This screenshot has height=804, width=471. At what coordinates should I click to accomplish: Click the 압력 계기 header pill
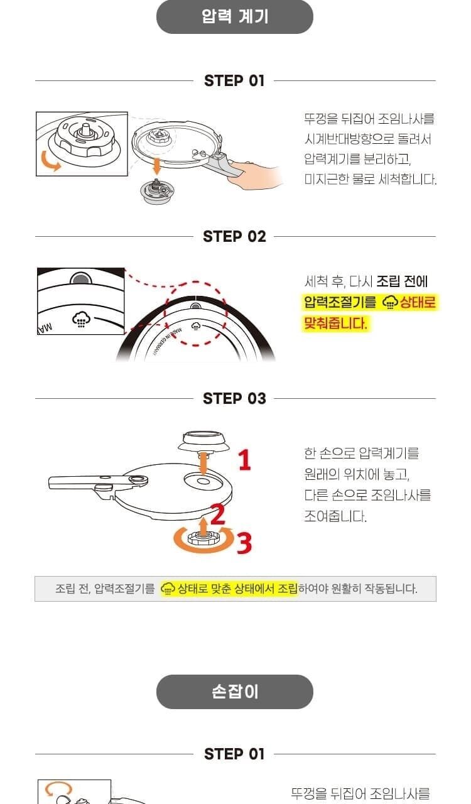tap(235, 16)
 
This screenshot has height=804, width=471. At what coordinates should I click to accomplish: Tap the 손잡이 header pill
tap(235, 692)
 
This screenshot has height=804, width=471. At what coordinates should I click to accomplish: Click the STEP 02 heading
tap(234, 237)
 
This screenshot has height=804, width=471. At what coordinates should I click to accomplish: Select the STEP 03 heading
tap(234, 398)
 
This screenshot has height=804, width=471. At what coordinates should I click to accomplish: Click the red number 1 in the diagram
tap(245, 460)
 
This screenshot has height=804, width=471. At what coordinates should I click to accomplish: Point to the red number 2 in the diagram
tap(217, 514)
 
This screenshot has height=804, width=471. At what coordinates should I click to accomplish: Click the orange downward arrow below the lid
tap(156, 166)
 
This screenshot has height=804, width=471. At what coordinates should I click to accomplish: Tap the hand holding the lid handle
tap(254, 174)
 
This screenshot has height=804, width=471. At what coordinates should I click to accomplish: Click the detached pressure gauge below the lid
tap(157, 191)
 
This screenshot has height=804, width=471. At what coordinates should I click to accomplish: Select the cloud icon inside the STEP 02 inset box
tap(81, 319)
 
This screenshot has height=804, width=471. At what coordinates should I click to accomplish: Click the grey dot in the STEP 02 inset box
tap(81, 279)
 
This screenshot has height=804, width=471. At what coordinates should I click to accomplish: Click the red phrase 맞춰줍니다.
tap(335, 323)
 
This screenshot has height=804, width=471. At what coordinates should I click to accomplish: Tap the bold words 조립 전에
tap(402, 281)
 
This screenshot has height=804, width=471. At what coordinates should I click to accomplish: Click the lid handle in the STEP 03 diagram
tap(97, 483)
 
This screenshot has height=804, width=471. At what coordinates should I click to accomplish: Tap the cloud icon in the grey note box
tap(167, 589)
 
